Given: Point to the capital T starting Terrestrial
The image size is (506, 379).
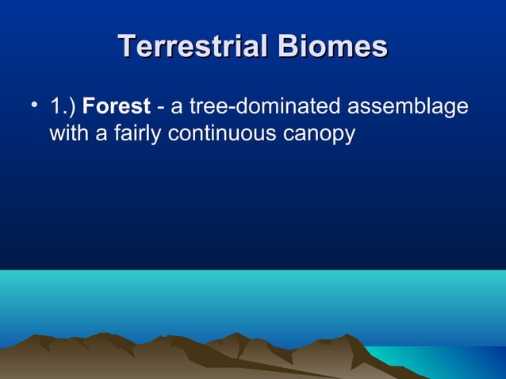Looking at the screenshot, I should click(125, 46).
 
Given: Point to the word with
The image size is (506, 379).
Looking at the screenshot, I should click(69, 134).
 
